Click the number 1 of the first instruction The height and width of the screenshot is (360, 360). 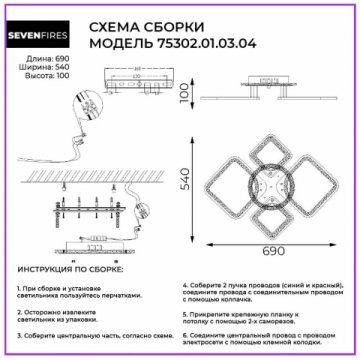click(x=20, y=287)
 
